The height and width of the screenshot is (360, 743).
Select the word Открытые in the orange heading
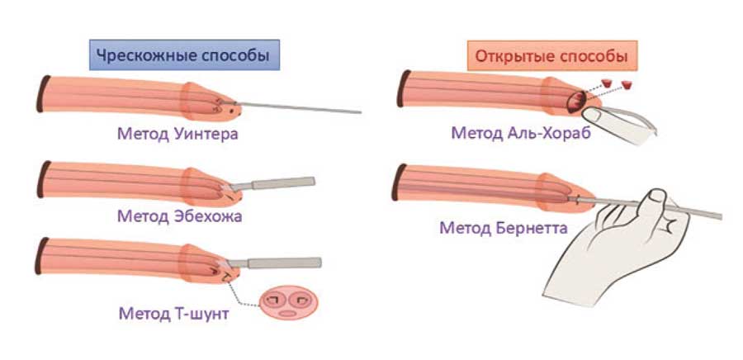tap(513, 56)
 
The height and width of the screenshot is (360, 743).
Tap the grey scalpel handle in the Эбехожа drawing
tap(283, 182)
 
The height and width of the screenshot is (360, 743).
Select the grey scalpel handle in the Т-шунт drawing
tap(284, 263)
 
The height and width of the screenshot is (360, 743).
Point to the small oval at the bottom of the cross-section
tap(286, 313)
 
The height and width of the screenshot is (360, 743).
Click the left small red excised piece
tap(606, 83)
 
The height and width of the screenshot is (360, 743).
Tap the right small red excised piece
tap(627, 85)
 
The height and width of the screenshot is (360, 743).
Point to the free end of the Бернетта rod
tap(721, 216)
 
